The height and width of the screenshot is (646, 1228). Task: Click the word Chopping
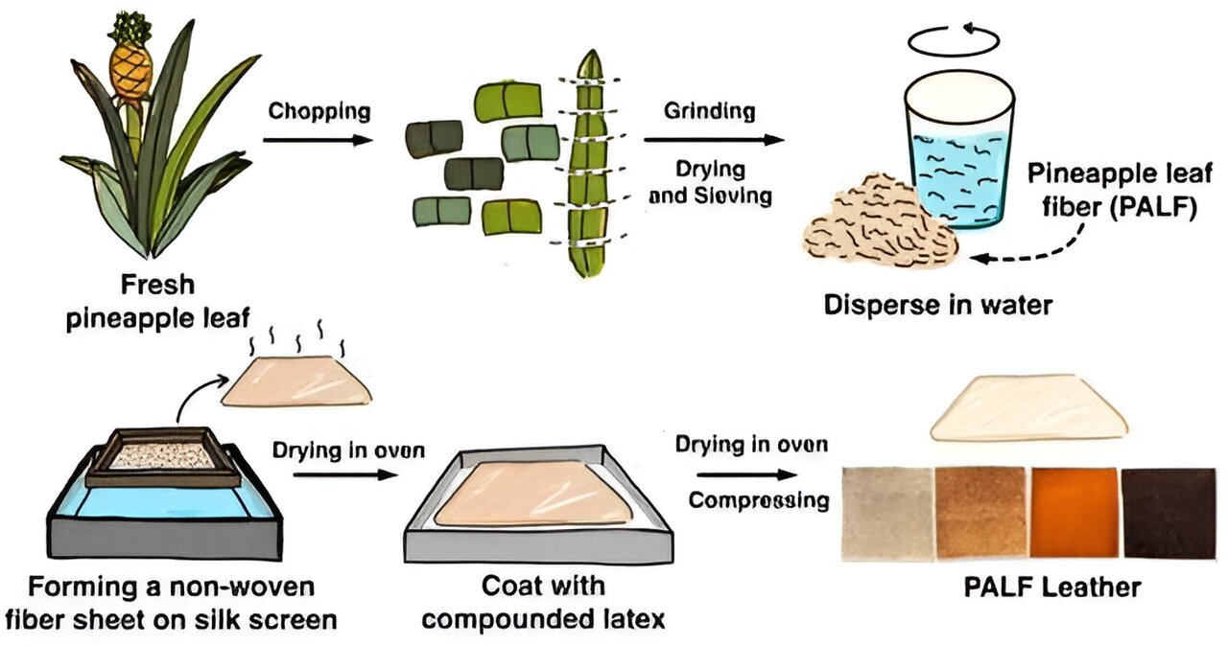(319, 112)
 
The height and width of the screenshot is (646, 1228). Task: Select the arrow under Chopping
(318, 140)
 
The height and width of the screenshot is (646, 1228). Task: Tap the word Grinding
(709, 112)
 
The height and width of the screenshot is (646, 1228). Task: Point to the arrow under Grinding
(714, 140)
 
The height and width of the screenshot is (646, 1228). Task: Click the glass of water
(958, 151)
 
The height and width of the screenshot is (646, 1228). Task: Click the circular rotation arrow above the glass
(954, 40)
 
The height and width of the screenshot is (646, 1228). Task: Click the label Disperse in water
(938, 305)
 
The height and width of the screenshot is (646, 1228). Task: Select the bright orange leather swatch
(1074, 512)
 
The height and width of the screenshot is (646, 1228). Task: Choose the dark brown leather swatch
(1169, 514)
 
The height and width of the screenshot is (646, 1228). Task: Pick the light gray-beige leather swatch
(887, 514)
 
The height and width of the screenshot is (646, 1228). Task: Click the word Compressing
(759, 500)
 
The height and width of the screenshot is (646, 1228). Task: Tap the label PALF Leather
(1052, 588)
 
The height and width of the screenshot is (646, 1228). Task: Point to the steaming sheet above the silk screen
(296, 381)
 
